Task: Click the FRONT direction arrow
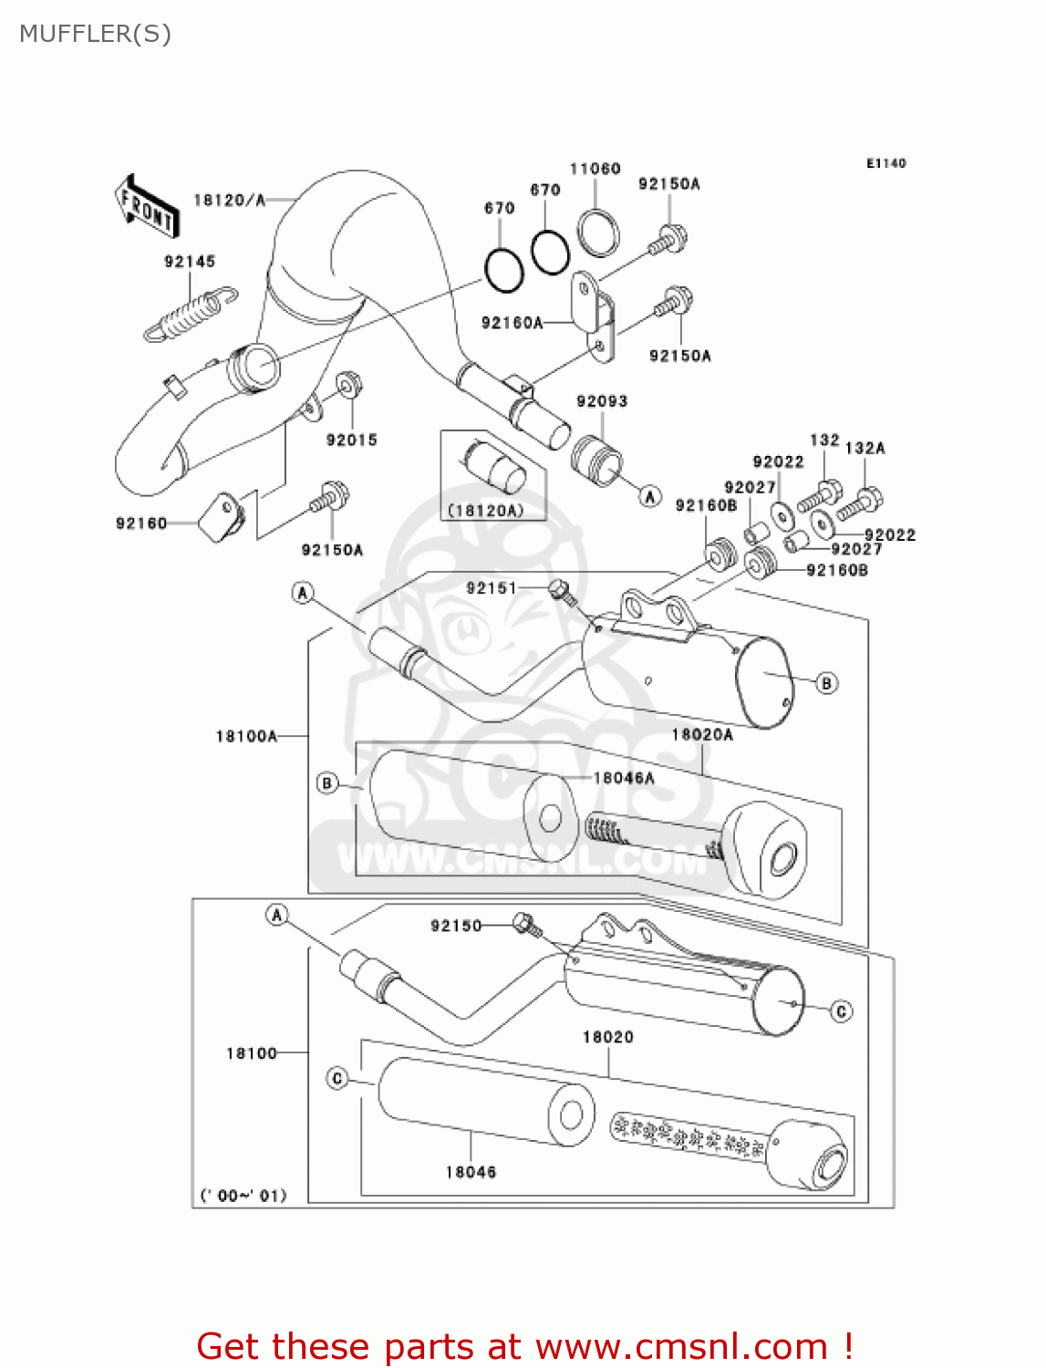(146, 207)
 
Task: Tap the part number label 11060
(595, 169)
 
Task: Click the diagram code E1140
(885, 163)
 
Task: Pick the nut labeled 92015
(347, 387)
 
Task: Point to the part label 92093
(602, 401)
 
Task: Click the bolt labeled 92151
(561, 591)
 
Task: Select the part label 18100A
(246, 736)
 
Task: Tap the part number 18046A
(624, 778)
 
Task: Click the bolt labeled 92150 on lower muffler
(525, 924)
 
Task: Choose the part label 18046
(471, 1172)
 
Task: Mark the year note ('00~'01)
(243, 1195)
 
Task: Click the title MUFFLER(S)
(95, 34)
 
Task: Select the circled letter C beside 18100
(337, 1079)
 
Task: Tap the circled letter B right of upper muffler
(826, 683)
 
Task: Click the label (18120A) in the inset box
(485, 511)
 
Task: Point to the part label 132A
(865, 448)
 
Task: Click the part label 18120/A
(229, 200)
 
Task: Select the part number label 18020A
(702, 734)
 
